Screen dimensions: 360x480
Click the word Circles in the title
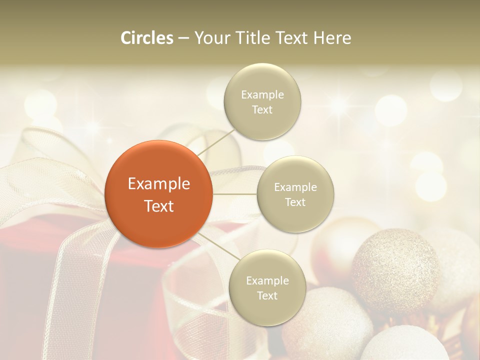[147, 38]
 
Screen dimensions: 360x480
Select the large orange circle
[158, 194]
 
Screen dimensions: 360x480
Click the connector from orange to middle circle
[234, 193]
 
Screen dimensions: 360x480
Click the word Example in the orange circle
[158, 184]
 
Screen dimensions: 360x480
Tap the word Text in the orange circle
[158, 206]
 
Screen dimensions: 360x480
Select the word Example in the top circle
[262, 95]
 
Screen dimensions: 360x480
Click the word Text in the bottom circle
[267, 295]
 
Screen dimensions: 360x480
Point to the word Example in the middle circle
[295, 187]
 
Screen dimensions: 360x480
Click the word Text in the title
[291, 38]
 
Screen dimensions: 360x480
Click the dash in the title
[183, 38]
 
